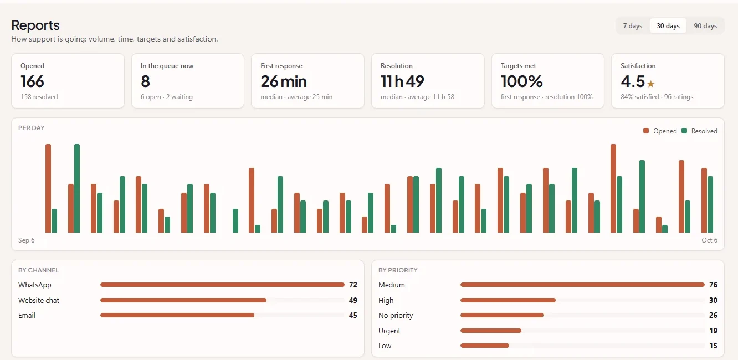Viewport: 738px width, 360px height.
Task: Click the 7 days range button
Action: tap(633, 25)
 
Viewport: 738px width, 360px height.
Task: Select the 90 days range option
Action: tap(705, 25)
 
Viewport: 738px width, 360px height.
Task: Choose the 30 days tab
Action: tap(668, 25)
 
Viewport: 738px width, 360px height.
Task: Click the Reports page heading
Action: tap(35, 25)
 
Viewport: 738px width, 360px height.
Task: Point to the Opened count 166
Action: tap(32, 81)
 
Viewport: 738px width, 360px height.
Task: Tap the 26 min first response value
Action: tap(283, 81)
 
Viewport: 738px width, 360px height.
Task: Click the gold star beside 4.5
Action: tap(650, 84)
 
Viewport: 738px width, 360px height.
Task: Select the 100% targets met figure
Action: tap(521, 81)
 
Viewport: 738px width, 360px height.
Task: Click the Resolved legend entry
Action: tap(699, 131)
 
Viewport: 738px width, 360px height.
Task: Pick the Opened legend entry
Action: tap(660, 131)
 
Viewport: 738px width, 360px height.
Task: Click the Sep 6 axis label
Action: tap(27, 240)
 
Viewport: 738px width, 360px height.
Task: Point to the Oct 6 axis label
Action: tap(709, 240)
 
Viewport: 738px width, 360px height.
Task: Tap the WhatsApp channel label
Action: tap(34, 285)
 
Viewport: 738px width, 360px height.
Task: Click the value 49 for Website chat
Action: tap(353, 300)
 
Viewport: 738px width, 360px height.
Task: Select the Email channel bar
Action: tap(177, 315)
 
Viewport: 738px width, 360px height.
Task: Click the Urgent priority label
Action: tap(389, 331)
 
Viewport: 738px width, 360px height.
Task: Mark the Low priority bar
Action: tap(485, 346)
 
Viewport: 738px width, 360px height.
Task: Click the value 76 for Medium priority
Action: tap(713, 285)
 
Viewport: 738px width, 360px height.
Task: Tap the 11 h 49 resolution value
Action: tap(402, 81)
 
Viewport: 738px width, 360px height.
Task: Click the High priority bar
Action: tap(508, 300)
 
